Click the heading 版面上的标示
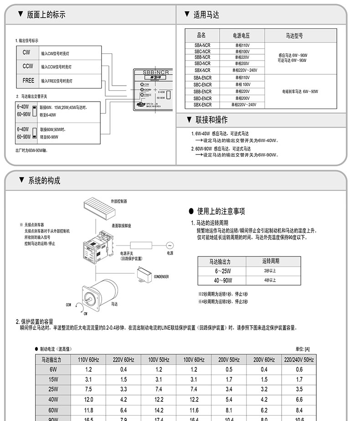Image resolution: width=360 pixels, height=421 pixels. [x=46, y=15]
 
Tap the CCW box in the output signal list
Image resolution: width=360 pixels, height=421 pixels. [x=28, y=67]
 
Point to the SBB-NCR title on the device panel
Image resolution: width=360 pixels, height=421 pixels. [x=156, y=72]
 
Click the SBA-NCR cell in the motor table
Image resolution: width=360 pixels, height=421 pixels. [x=202, y=46]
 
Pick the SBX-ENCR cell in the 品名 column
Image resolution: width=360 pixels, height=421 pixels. [x=202, y=105]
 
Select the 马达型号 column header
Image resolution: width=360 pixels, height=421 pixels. [x=294, y=36]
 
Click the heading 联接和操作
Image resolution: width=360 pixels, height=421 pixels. [x=211, y=120]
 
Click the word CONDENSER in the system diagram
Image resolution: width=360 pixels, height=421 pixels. [x=161, y=277]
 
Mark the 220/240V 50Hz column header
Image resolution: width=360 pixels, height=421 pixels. [x=299, y=359]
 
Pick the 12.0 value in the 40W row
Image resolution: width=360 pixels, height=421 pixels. [x=88, y=400]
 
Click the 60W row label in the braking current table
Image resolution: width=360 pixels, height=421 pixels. [x=53, y=410]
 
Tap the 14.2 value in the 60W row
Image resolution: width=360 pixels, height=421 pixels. [x=159, y=410]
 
